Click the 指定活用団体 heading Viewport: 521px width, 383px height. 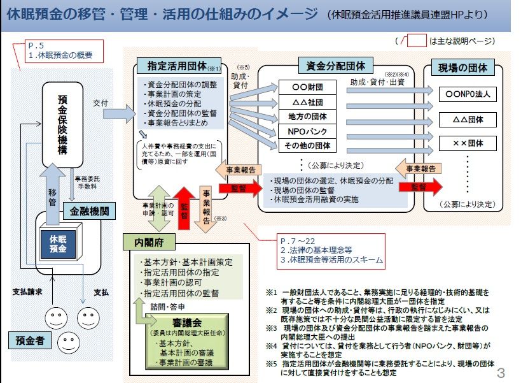point(175,66)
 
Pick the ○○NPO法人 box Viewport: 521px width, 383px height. point(468,94)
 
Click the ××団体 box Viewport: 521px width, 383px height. point(468,143)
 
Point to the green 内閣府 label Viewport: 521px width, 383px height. point(150,243)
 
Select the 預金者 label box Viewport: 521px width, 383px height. point(31,341)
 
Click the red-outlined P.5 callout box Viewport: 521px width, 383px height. point(64,50)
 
